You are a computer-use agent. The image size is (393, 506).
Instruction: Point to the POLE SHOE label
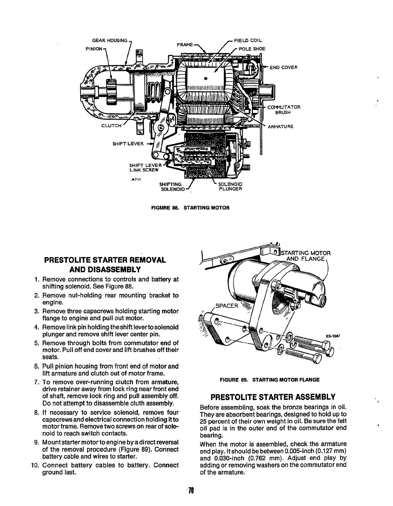[252, 49]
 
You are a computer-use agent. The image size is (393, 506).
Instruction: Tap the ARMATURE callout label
[280, 126]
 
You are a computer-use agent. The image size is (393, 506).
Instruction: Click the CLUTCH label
[111, 126]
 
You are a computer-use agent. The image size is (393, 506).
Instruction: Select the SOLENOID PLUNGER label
[230, 186]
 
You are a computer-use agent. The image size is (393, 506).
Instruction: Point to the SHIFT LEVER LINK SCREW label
[144, 167]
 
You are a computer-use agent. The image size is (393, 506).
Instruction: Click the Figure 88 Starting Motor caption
[191, 208]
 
